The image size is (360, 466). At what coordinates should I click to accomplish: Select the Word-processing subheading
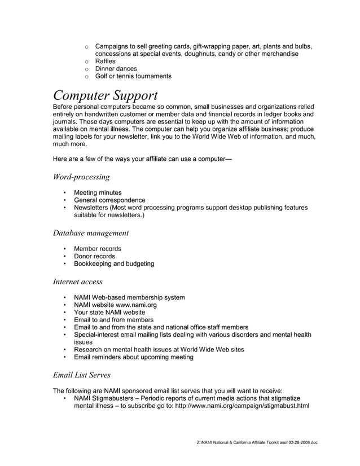(81, 177)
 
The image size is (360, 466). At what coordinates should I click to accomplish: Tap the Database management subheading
(91, 232)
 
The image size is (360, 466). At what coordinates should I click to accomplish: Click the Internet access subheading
(77, 281)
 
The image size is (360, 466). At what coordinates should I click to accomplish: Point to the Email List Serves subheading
(82, 374)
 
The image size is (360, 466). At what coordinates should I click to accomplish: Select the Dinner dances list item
(116, 69)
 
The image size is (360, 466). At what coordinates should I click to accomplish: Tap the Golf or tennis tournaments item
(133, 76)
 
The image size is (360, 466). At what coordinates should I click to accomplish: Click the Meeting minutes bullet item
(98, 193)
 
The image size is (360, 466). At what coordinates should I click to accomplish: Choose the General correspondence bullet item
(109, 200)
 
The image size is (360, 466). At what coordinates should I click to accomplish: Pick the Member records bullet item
(98, 248)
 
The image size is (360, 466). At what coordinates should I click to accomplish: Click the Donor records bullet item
(95, 256)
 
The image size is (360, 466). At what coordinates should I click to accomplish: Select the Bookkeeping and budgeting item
(114, 263)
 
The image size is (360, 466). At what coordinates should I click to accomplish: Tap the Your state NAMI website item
(109, 312)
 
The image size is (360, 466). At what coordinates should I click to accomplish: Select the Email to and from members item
(113, 320)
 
